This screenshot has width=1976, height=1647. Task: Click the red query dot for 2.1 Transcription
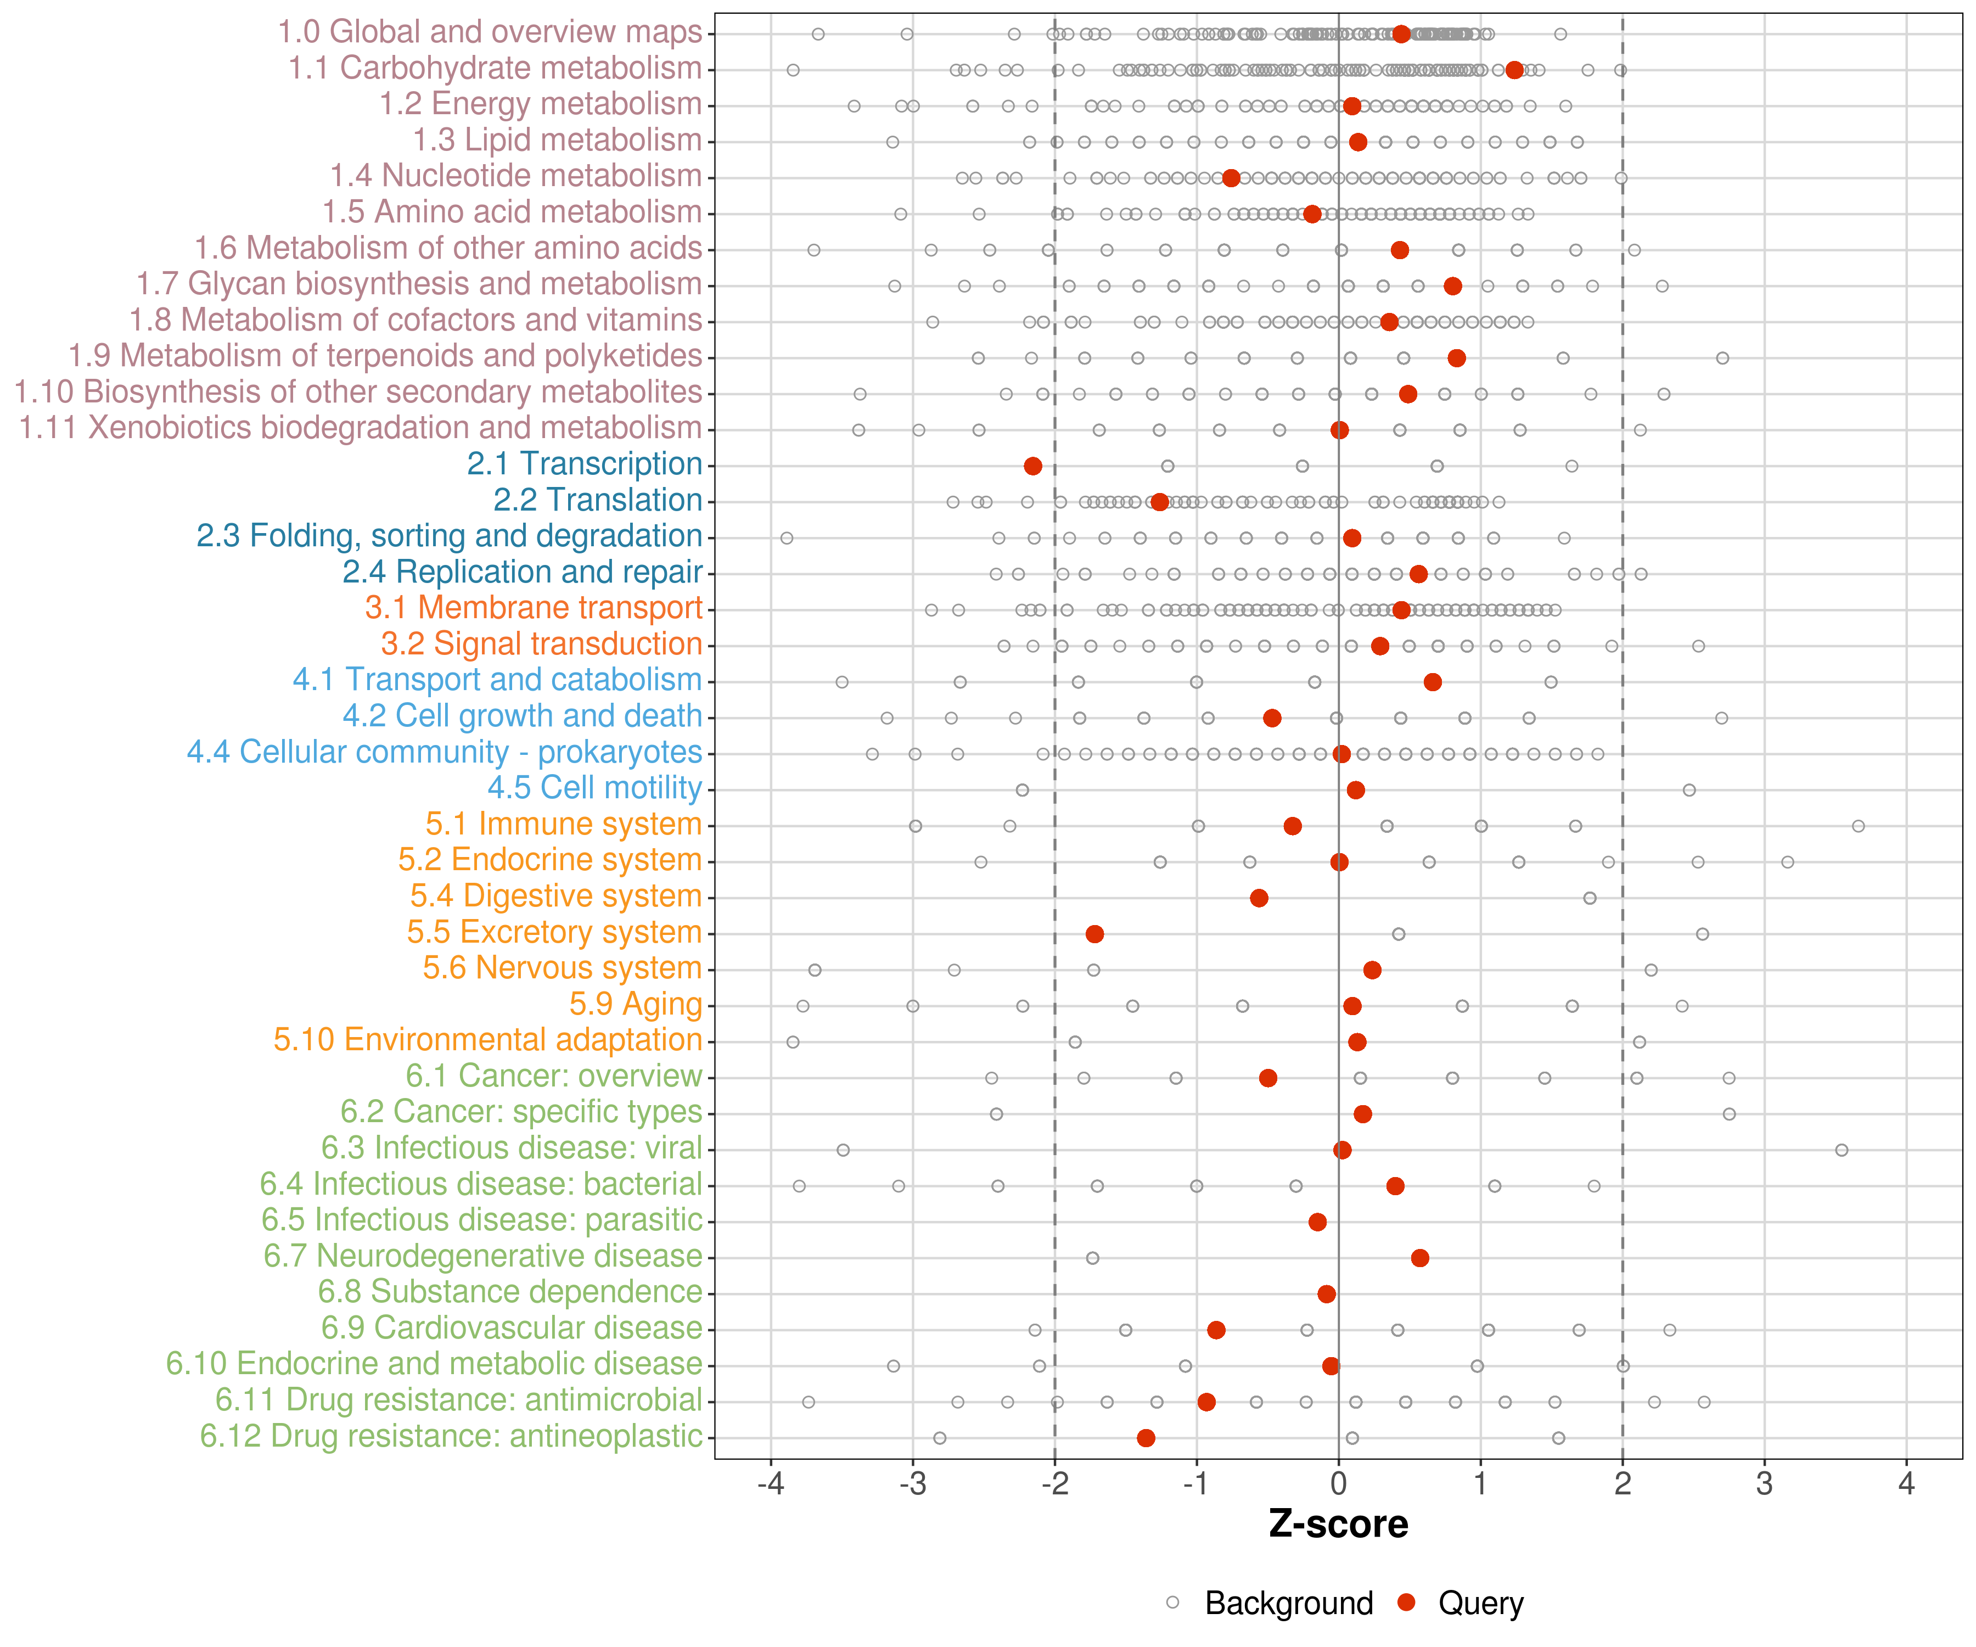click(x=1032, y=466)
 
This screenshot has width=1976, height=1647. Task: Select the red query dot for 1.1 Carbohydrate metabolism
click(x=1514, y=70)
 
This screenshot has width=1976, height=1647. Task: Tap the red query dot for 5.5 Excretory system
click(x=1094, y=934)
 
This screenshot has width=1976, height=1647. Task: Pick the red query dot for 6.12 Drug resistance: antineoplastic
click(x=1146, y=1437)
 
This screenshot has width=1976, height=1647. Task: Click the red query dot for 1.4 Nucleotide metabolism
click(x=1231, y=178)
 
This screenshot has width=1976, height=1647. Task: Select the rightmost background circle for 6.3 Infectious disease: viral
click(x=1842, y=1150)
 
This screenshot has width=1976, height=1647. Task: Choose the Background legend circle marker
click(x=1172, y=1602)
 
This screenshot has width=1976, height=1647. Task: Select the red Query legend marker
click(x=1407, y=1602)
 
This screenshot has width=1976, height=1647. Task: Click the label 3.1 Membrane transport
click(x=534, y=608)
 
